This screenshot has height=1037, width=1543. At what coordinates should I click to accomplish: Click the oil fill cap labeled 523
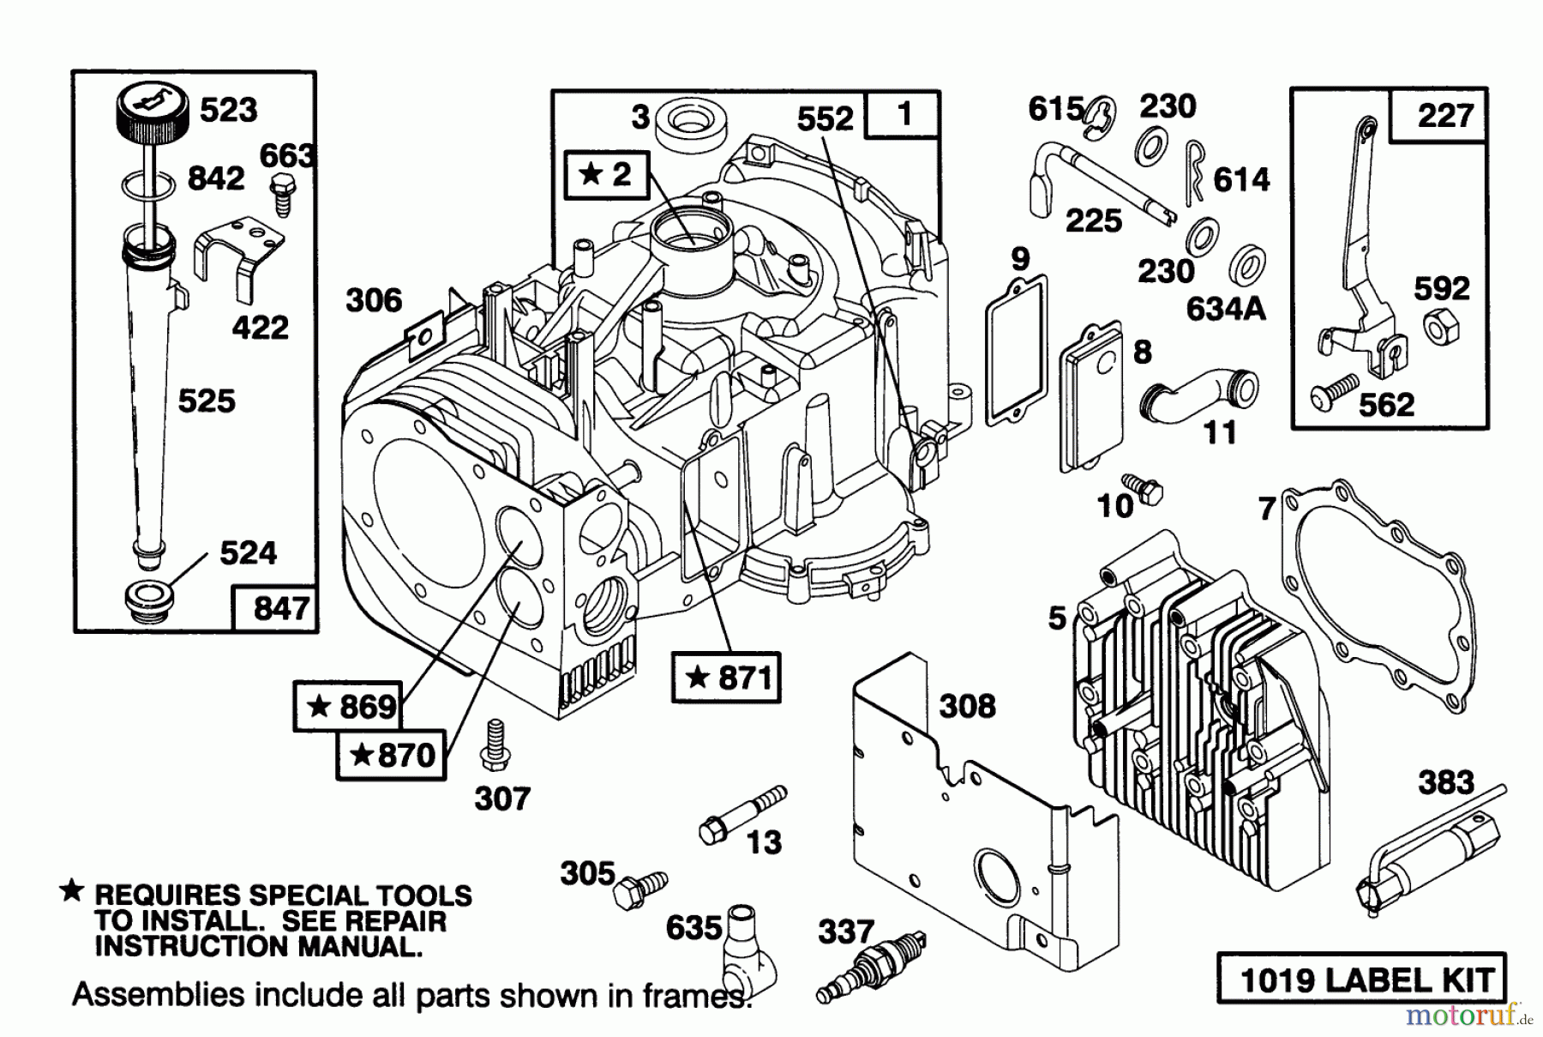(152, 119)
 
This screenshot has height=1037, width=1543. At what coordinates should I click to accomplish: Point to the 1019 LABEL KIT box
(1360, 979)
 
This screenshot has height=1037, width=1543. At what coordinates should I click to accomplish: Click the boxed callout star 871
(726, 678)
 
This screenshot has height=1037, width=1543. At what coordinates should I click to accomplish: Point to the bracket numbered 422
(240, 256)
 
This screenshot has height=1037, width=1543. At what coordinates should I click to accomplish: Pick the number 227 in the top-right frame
(1444, 115)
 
